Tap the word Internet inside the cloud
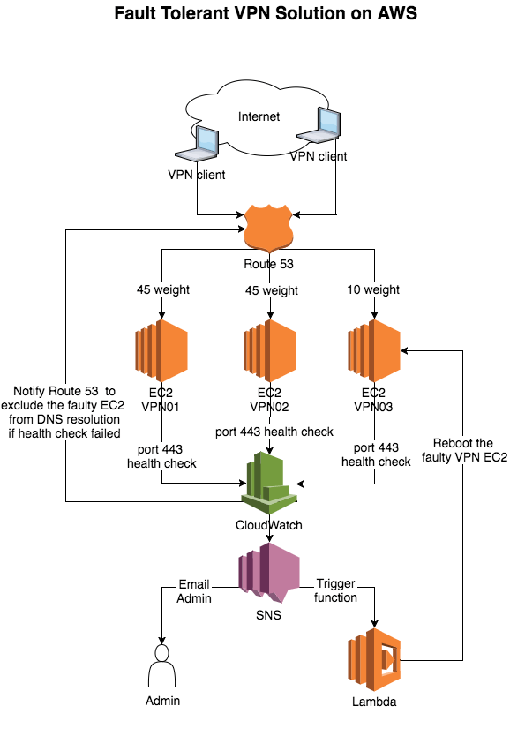[259, 116]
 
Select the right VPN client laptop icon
[319, 129]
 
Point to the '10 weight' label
[375, 290]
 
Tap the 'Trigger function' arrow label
[336, 591]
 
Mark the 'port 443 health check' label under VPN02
[274, 432]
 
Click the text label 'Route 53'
[268, 265]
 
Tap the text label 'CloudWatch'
[268, 525]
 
